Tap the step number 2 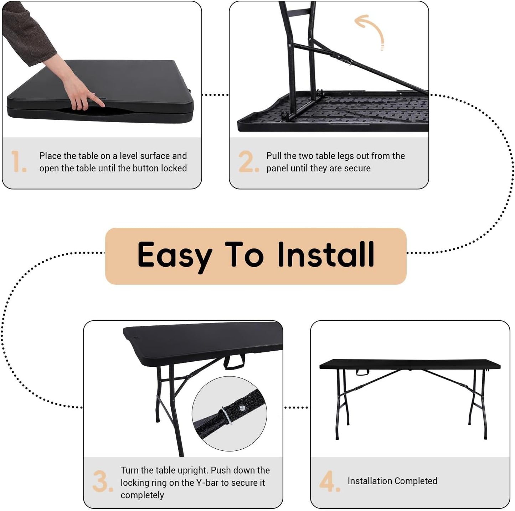pos(248,161)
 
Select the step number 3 pos(102,481)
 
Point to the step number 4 pos(329,481)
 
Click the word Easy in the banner pos(174,255)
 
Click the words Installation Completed pos(392,481)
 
